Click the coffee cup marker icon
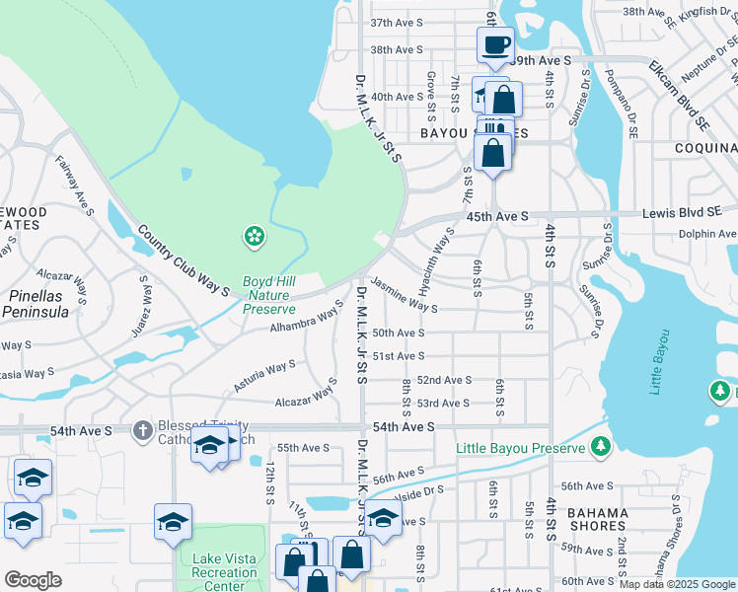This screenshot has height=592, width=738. pos(495,43)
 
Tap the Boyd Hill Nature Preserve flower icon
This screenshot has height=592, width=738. pos(255,236)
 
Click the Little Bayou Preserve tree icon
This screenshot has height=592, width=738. pos(600,448)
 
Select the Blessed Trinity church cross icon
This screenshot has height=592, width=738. pos(143,430)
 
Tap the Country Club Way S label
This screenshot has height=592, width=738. pos(184,261)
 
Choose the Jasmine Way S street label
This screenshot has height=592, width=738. pos(405,295)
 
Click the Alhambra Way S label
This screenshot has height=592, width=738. pos(307,321)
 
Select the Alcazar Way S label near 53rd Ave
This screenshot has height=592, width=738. pos(307,397)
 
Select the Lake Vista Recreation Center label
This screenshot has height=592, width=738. pos(224,573)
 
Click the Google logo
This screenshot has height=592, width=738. pos(33,580)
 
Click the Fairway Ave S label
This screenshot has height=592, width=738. pos(75,185)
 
